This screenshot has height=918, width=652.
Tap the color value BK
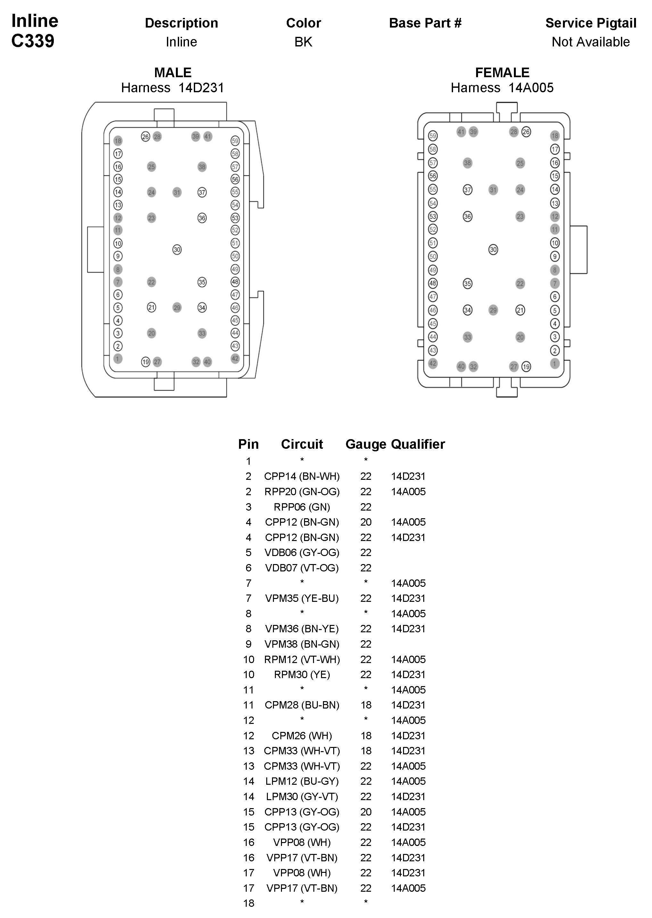(x=303, y=42)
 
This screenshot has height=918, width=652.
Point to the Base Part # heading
(x=425, y=23)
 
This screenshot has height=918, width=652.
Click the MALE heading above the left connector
(x=173, y=73)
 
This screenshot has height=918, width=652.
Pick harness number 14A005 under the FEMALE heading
(x=531, y=88)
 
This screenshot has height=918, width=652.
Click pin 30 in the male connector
(x=177, y=250)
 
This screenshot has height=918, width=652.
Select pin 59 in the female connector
(x=433, y=136)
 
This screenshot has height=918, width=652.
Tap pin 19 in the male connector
(x=146, y=362)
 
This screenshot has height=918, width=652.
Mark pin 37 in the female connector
(x=468, y=190)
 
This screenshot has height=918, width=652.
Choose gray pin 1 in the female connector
(x=555, y=364)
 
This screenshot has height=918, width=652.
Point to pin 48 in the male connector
(x=235, y=282)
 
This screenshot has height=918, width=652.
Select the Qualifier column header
(x=418, y=444)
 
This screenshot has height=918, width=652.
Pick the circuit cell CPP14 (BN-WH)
(x=302, y=477)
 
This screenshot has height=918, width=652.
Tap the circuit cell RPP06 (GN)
(x=302, y=507)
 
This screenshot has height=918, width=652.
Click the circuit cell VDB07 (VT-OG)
(x=302, y=568)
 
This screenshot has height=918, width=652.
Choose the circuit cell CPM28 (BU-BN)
(x=302, y=705)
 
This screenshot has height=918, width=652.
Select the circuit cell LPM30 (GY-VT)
(x=302, y=797)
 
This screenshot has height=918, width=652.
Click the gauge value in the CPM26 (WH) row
(x=366, y=736)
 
